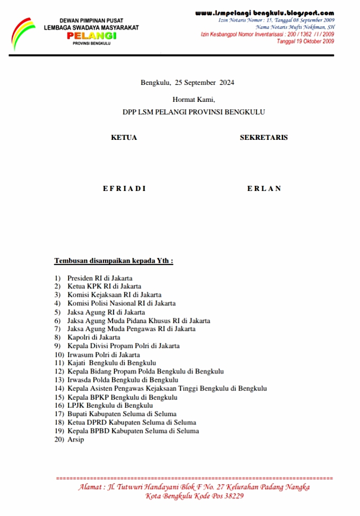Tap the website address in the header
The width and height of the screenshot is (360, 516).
pyautogui.click(x=264, y=13)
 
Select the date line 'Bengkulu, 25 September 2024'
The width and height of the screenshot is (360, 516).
pyautogui.click(x=187, y=82)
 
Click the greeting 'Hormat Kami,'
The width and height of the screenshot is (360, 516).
pyautogui.click(x=194, y=99)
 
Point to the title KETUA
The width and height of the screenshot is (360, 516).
pyautogui.click(x=124, y=138)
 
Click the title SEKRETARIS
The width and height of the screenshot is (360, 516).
pyautogui.click(x=264, y=138)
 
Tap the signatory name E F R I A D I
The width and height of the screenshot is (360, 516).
pyautogui.click(x=124, y=188)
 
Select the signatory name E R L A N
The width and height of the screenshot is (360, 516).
pyautogui.click(x=264, y=188)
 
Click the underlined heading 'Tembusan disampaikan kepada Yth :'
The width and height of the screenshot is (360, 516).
pyautogui.click(x=114, y=261)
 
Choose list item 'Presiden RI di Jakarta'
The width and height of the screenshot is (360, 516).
pyautogui.click(x=100, y=278)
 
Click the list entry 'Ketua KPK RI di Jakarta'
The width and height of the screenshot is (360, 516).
pyautogui.click(x=104, y=286)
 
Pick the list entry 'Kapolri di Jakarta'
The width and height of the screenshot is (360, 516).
pyautogui.click(x=94, y=337)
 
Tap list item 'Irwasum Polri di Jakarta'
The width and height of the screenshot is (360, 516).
pyautogui.click(x=103, y=355)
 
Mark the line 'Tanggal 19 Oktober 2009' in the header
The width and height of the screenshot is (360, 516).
pyautogui.click(x=306, y=41)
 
